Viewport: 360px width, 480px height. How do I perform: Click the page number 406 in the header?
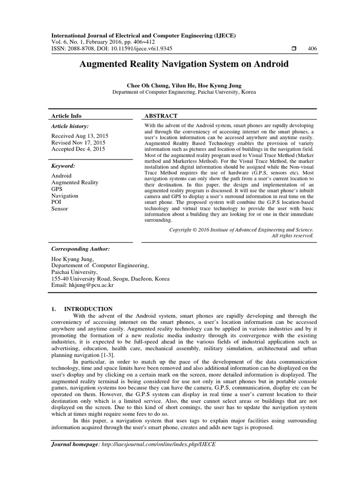312,49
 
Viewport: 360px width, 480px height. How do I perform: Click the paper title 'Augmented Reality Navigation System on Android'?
184,64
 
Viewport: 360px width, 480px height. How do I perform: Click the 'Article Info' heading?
66,116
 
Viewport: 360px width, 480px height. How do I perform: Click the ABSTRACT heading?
161,116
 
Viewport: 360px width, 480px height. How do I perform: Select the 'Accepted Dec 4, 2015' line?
78,149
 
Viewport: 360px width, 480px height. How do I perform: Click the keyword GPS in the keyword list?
57,189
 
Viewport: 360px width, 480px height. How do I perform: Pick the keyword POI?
56,202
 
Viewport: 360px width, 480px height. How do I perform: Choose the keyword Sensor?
60,209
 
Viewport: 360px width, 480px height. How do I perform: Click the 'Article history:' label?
69,126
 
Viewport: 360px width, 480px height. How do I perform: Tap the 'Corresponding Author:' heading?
81,249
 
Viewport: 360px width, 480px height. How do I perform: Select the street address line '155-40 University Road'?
110,278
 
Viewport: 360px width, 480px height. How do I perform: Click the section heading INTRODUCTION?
88,309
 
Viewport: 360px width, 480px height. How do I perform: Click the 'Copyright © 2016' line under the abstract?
241,230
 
